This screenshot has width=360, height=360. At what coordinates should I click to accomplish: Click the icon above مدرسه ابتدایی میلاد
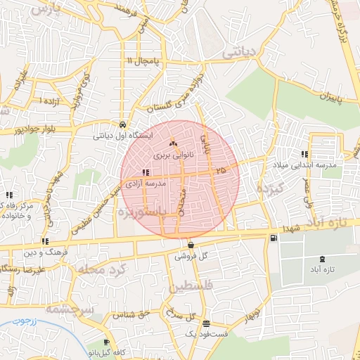[x=304, y=154]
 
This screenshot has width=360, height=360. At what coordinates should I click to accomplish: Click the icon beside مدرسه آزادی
[x=145, y=172]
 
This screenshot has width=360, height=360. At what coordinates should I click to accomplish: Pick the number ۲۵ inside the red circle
[x=221, y=169]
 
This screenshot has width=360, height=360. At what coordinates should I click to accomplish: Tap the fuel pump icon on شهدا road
[x=273, y=238]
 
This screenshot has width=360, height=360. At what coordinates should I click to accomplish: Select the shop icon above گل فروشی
[x=191, y=245]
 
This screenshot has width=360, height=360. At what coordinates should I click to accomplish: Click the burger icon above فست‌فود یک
[x=205, y=324]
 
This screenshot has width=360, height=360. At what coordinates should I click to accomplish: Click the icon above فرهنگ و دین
[x=45, y=241]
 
